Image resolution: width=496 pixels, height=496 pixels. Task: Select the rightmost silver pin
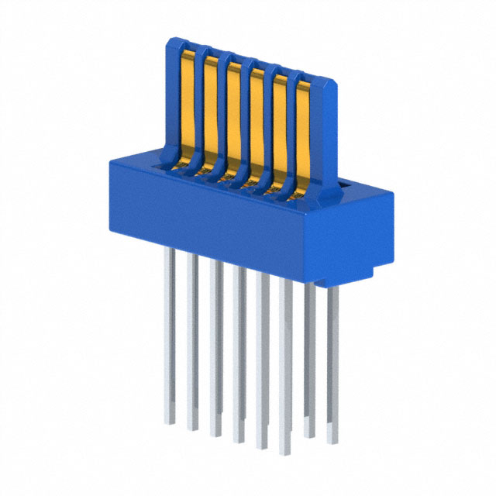(x=332, y=364)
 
